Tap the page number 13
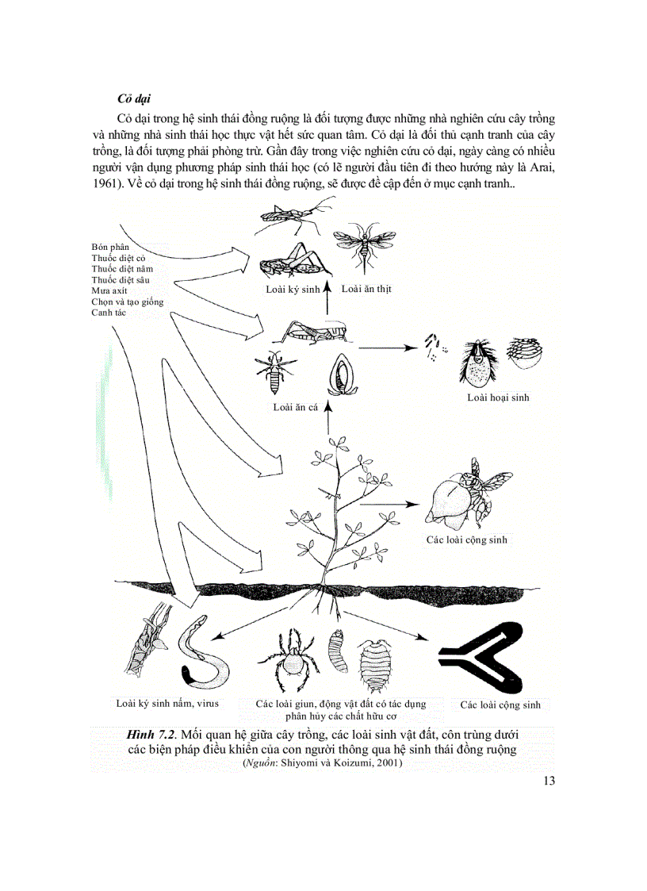(549, 781)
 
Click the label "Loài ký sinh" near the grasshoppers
(293, 290)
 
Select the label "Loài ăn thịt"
(366, 289)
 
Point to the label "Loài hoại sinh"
(498, 397)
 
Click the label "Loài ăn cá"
(295, 407)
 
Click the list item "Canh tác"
(109, 313)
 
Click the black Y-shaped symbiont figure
(480, 655)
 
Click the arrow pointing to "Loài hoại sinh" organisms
(389, 347)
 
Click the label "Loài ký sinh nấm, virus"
(167, 703)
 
